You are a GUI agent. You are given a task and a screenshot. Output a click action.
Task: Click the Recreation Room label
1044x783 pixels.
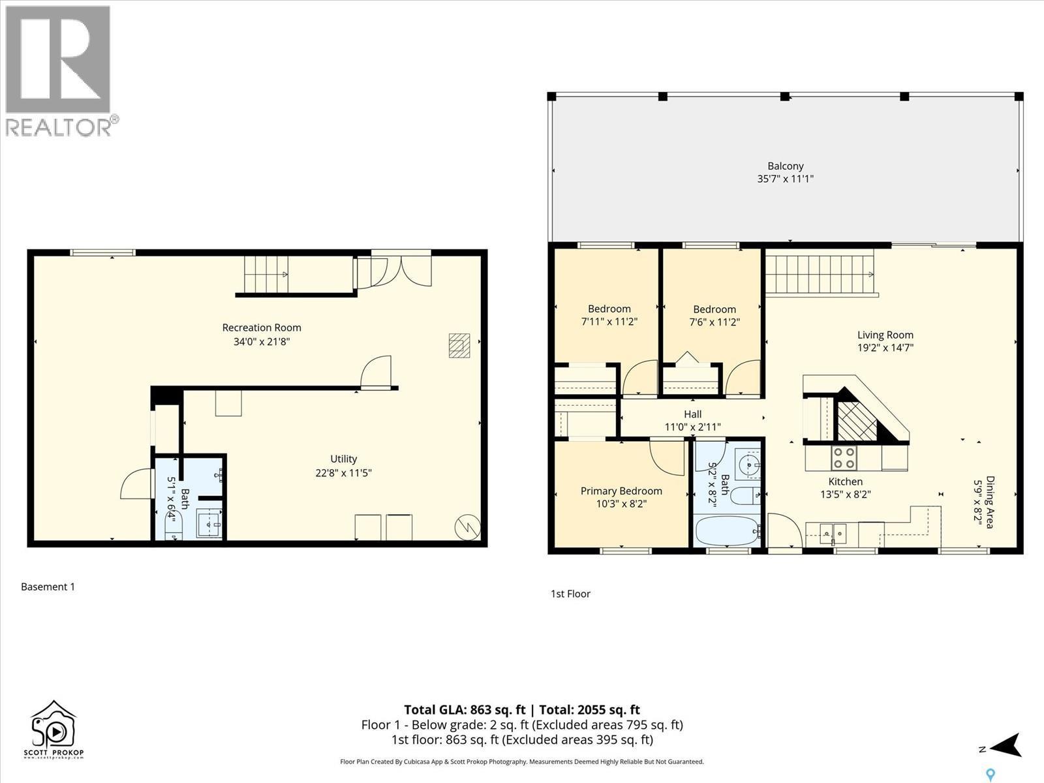[x=262, y=328]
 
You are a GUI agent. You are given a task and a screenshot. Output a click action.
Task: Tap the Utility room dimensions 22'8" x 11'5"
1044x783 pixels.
[x=343, y=473]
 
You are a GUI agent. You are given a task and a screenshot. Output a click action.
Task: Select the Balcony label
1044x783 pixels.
[x=785, y=166]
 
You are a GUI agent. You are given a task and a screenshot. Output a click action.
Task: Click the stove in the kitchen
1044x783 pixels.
[x=843, y=457]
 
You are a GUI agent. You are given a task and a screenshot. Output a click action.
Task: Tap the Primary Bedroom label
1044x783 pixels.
[x=621, y=491]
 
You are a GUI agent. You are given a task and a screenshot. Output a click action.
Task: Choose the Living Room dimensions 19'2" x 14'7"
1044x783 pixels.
[x=885, y=348]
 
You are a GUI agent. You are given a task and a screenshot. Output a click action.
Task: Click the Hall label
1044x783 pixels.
[x=692, y=414]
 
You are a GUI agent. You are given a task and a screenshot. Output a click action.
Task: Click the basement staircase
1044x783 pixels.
[x=266, y=275]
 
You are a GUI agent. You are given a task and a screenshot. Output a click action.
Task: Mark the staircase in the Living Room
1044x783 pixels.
[x=819, y=275]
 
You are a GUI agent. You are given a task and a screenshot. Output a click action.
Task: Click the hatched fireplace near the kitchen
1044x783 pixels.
[x=857, y=421]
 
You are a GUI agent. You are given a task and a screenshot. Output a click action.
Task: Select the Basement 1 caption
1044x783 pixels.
[x=48, y=587]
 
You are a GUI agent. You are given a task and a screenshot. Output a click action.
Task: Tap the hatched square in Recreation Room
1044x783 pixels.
[x=459, y=345]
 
